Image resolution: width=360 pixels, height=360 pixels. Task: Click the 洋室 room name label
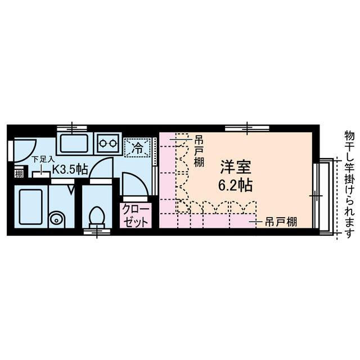tap(235, 167)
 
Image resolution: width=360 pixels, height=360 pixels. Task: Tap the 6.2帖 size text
tap(235, 184)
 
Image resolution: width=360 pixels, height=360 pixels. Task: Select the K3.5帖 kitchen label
tap(69, 168)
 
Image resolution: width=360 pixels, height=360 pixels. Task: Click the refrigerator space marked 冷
tap(137, 148)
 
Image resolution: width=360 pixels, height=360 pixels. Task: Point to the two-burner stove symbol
tap(108, 143)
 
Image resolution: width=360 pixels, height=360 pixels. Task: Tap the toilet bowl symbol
tap(97, 215)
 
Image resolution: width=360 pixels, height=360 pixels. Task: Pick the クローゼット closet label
tap(136, 216)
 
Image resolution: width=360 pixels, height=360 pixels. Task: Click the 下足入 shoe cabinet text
tap(43, 159)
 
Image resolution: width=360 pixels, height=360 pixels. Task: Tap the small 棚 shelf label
tap(19, 173)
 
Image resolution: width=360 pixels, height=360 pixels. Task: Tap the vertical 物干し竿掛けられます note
tap(349, 180)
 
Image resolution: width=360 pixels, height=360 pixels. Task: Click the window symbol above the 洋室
tap(248, 129)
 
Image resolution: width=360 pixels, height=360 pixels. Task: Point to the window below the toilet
tap(97, 231)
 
